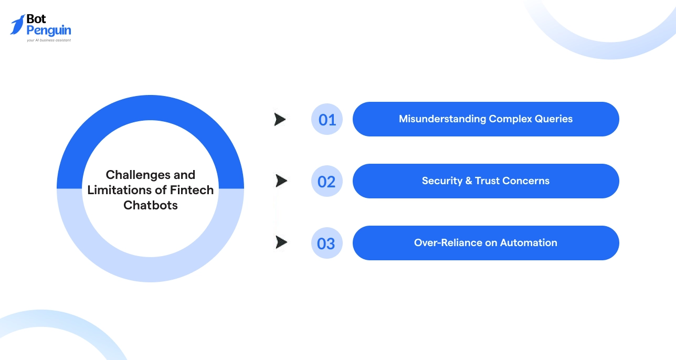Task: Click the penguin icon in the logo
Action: pyautogui.click(x=17, y=25)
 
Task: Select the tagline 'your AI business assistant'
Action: pyautogui.click(x=49, y=40)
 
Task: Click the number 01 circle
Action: pyautogui.click(x=327, y=120)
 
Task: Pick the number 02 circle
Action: pyautogui.click(x=327, y=182)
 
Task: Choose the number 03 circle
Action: pyautogui.click(x=327, y=243)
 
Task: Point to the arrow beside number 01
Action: pyautogui.click(x=280, y=120)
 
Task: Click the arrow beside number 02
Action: pyautogui.click(x=281, y=181)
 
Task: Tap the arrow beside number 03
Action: pyautogui.click(x=281, y=242)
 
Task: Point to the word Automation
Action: pyautogui.click(x=529, y=243)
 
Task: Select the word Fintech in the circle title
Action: pyautogui.click(x=192, y=190)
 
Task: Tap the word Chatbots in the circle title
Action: pyautogui.click(x=151, y=205)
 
